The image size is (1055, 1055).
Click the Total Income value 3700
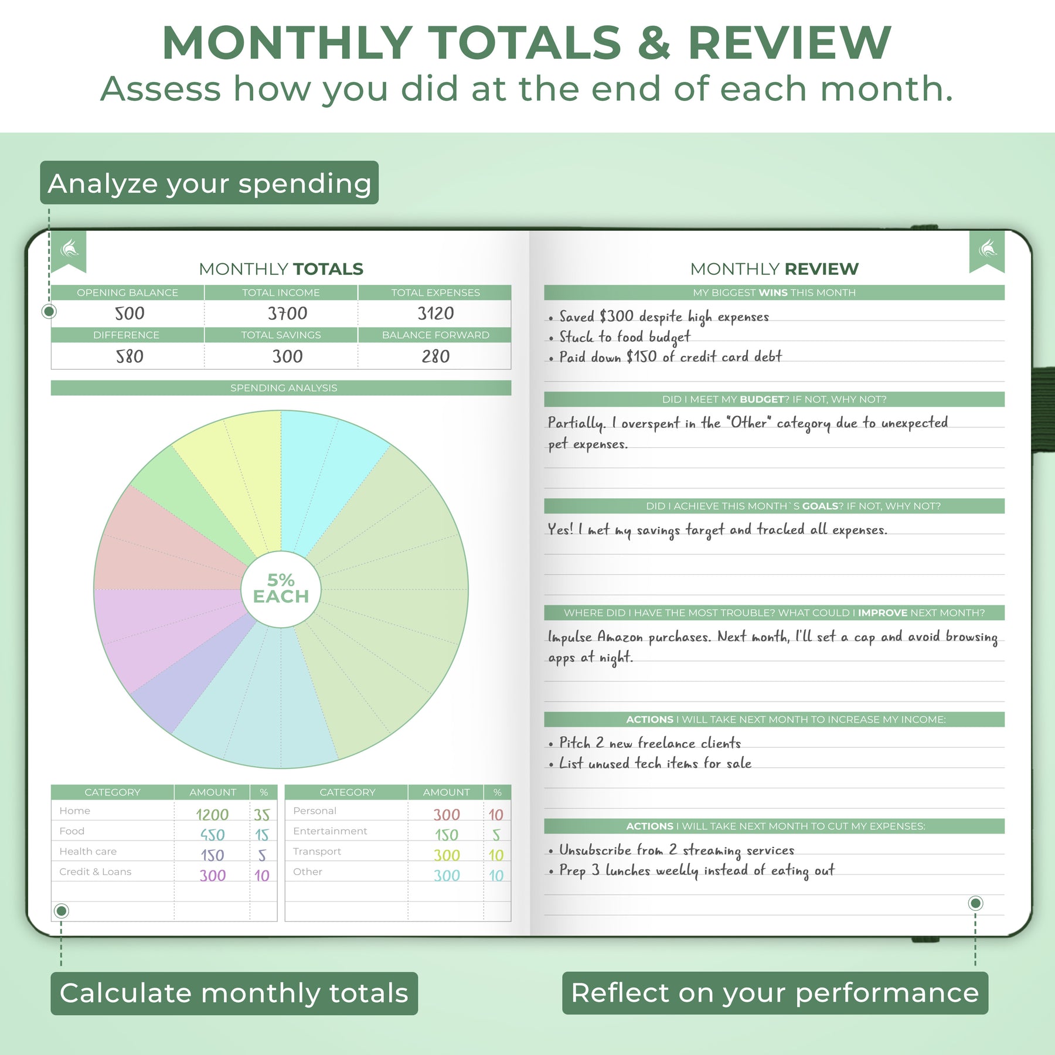[x=287, y=314]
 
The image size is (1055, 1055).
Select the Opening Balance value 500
[x=130, y=314]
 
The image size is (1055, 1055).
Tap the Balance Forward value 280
[x=435, y=356]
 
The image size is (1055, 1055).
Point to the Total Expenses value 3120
[x=435, y=314]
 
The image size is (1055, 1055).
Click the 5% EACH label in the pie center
[x=281, y=588]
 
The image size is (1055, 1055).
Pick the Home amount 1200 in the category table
[x=212, y=815]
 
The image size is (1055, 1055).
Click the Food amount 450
[x=212, y=835]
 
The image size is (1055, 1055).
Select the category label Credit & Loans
[x=95, y=872]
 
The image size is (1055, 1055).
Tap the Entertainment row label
[x=330, y=831]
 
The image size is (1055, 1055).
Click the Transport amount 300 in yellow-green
[x=447, y=855]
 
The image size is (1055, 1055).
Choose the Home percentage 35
[x=262, y=815]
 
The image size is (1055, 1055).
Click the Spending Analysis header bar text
[x=284, y=388]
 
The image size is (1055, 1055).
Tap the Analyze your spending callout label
[x=209, y=183]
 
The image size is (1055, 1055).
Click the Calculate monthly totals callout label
[x=234, y=993]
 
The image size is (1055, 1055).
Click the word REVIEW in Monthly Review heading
[x=821, y=269]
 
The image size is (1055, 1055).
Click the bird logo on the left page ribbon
[x=69, y=249]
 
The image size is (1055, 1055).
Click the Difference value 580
[x=130, y=356]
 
